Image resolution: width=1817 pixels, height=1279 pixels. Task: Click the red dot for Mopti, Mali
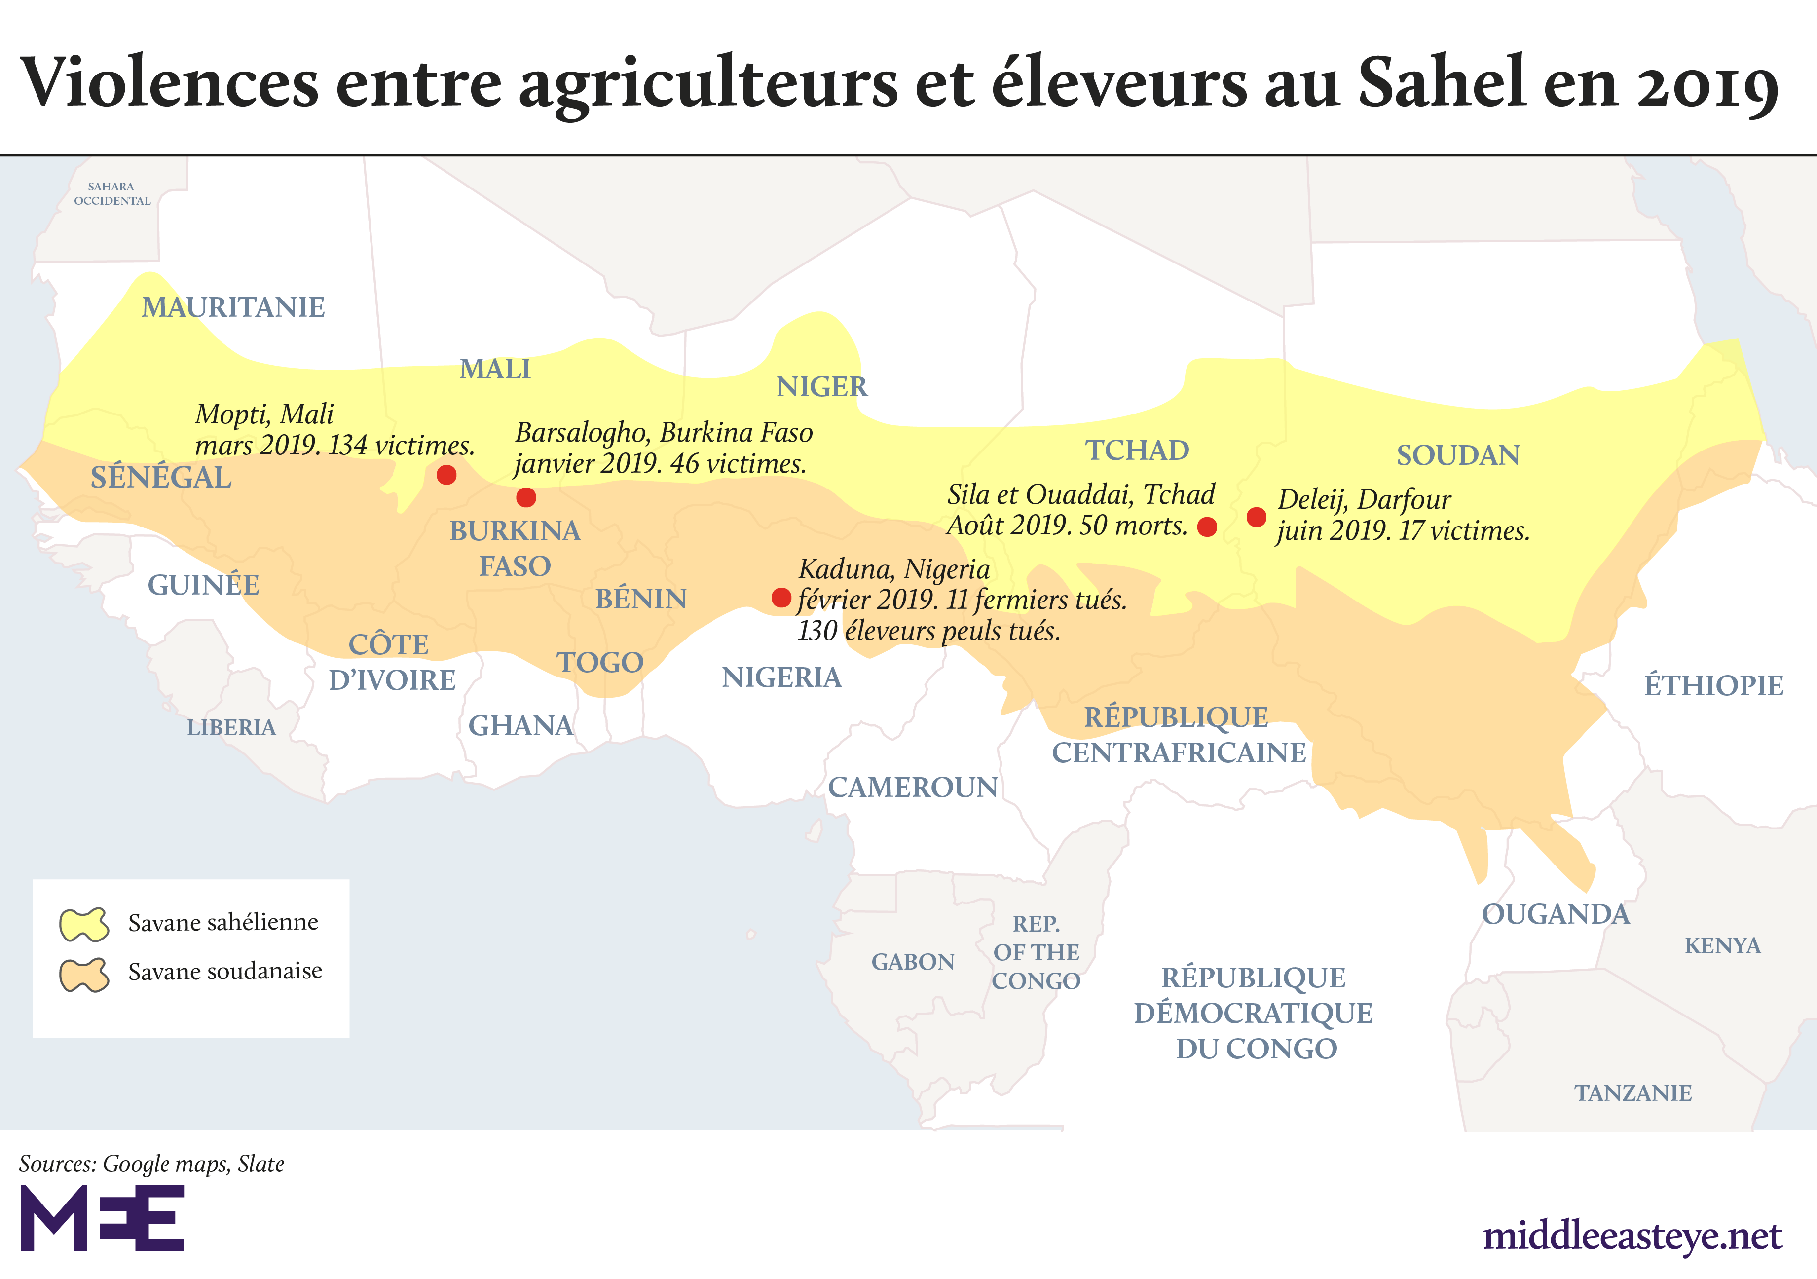tap(446, 475)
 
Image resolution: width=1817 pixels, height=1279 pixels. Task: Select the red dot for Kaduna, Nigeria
tap(781, 598)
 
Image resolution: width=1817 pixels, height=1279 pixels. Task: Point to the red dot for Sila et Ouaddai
tap(1207, 527)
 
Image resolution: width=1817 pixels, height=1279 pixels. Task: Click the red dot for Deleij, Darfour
tap(1256, 517)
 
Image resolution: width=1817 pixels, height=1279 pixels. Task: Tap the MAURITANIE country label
tap(233, 307)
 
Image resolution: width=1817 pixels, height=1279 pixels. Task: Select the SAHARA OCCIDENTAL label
tap(111, 194)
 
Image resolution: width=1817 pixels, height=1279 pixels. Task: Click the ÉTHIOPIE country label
tap(1713, 685)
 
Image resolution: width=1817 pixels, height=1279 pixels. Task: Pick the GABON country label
tap(913, 962)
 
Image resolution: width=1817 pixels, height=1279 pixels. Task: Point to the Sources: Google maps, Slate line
tap(151, 1164)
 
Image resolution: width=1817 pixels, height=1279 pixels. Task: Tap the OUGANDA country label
tap(1555, 915)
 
